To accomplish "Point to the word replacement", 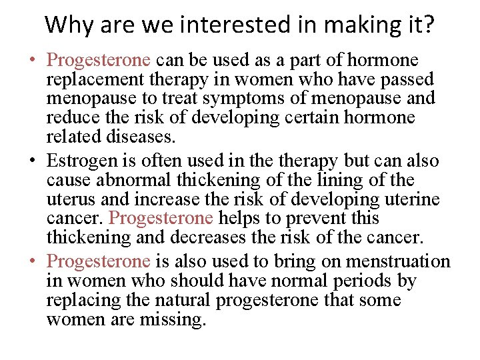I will (89, 80).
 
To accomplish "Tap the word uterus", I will (70, 199).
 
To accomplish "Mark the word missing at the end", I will (174, 319).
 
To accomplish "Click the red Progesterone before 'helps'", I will (160, 218).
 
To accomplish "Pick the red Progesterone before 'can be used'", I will (98, 60).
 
